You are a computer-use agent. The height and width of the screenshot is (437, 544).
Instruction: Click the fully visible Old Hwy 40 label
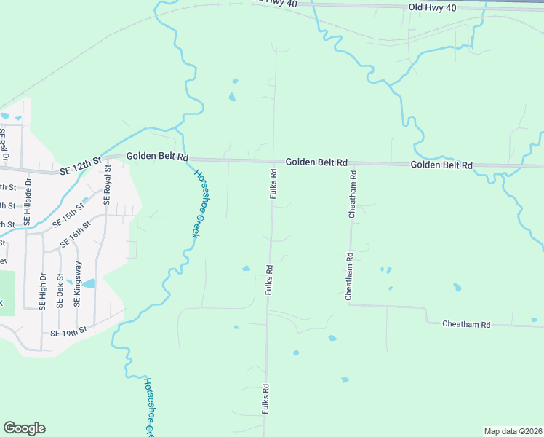(x=432, y=7)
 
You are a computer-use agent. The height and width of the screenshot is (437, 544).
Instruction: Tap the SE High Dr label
(x=43, y=291)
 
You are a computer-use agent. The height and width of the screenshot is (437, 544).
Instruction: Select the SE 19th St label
(x=68, y=332)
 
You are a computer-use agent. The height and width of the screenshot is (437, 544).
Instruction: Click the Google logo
(x=24, y=428)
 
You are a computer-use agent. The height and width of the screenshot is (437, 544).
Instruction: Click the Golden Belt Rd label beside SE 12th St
(x=158, y=157)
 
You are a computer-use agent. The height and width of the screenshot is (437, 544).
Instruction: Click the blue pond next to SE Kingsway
(x=88, y=283)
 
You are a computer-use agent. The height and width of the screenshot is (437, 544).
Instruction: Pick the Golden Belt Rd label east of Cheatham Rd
(x=441, y=165)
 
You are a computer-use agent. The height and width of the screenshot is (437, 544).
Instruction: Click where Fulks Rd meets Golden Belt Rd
(x=274, y=162)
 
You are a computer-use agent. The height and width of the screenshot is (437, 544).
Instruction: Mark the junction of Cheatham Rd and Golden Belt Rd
(x=353, y=164)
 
